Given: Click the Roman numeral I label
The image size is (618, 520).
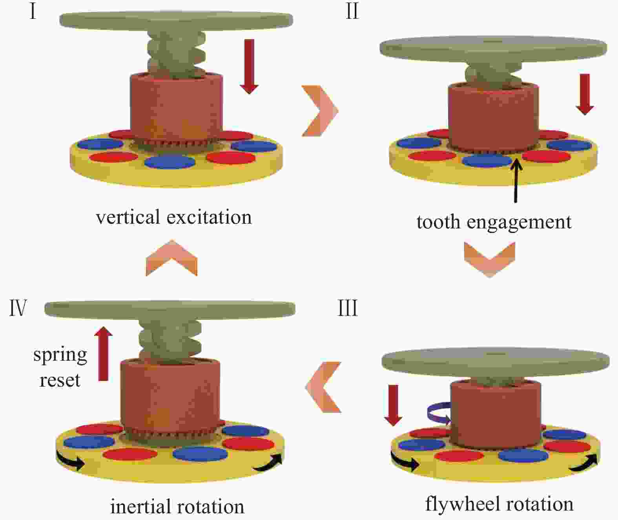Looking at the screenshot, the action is (x=33, y=12).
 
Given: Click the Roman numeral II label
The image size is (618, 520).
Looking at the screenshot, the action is (x=352, y=12).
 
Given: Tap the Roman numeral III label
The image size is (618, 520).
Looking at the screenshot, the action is (x=348, y=308).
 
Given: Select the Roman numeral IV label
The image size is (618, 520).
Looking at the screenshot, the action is (x=18, y=308).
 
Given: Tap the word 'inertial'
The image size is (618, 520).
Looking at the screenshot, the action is (x=145, y=506).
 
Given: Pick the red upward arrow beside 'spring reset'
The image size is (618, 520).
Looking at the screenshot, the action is (x=103, y=354).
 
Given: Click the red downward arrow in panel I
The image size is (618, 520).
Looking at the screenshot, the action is (x=249, y=67).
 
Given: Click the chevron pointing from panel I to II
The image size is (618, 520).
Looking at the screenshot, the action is (x=320, y=111).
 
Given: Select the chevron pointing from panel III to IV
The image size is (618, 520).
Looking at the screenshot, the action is (x=323, y=387).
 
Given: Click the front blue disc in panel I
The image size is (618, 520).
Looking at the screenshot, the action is (x=170, y=162).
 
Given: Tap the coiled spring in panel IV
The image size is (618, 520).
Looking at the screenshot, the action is (x=170, y=341).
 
